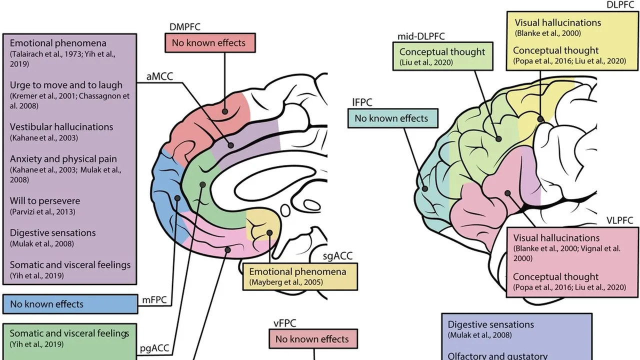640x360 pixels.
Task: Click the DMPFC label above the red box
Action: point(185,27)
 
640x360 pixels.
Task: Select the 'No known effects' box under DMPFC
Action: point(209,43)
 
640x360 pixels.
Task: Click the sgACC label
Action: point(338,256)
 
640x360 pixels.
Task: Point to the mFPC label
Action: point(154,300)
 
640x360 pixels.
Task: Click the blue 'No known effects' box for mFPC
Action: point(70,304)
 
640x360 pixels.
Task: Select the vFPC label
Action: point(285,323)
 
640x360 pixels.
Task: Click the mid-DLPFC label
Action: point(421,36)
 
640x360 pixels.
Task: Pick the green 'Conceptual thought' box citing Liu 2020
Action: point(442,56)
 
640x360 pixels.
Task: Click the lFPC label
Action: point(362,102)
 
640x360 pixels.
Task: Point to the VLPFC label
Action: point(620,220)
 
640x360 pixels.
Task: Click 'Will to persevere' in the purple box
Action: point(45,201)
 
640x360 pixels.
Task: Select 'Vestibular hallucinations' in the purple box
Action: point(61,127)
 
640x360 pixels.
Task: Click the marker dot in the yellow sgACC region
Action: point(269,232)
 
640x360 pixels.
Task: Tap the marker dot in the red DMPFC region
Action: point(224,111)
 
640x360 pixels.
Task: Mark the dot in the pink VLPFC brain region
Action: point(508,193)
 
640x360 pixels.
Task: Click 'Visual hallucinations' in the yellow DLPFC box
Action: point(557,23)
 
